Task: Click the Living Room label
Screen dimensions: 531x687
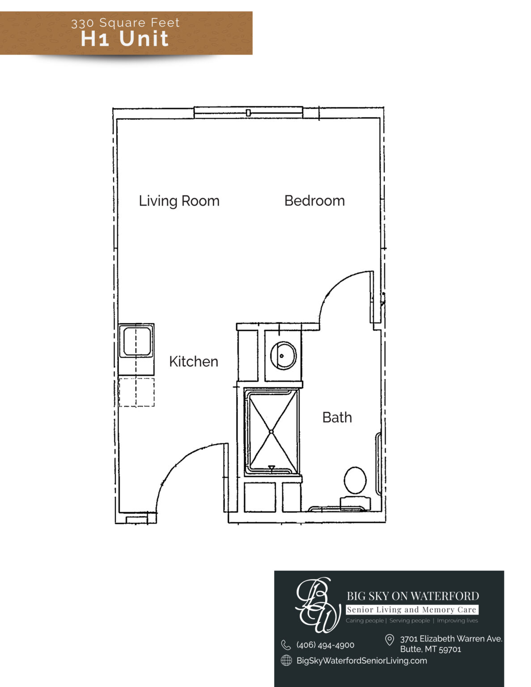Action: click(179, 201)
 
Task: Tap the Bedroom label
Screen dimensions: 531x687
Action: click(314, 201)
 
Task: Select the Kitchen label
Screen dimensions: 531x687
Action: click(193, 361)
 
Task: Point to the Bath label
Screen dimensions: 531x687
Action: click(337, 417)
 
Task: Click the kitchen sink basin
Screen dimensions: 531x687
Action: click(137, 341)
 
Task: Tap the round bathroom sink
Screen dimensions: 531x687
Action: click(283, 356)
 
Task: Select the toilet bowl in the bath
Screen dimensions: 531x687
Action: click(355, 480)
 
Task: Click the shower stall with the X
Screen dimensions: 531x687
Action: click(271, 432)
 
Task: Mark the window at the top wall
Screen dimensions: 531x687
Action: click(248, 113)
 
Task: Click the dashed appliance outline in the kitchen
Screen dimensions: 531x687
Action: click(136, 392)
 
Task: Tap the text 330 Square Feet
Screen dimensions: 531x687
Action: click(125, 23)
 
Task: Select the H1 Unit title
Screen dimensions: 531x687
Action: click(125, 38)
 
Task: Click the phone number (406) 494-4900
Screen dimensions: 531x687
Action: click(325, 645)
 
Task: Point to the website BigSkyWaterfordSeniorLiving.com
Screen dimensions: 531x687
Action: click(361, 661)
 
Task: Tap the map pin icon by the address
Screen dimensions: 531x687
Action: click(389, 640)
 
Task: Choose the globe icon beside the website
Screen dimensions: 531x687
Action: click(286, 661)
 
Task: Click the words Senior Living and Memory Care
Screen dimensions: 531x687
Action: click(412, 610)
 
